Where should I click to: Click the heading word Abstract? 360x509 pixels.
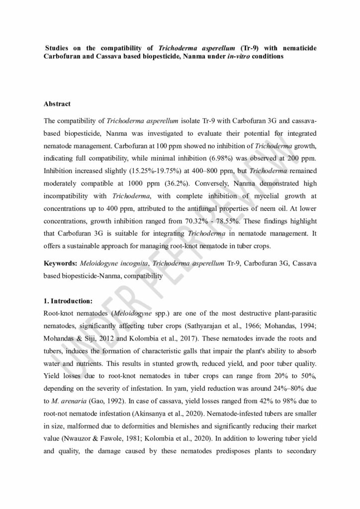[x=57, y=104]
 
